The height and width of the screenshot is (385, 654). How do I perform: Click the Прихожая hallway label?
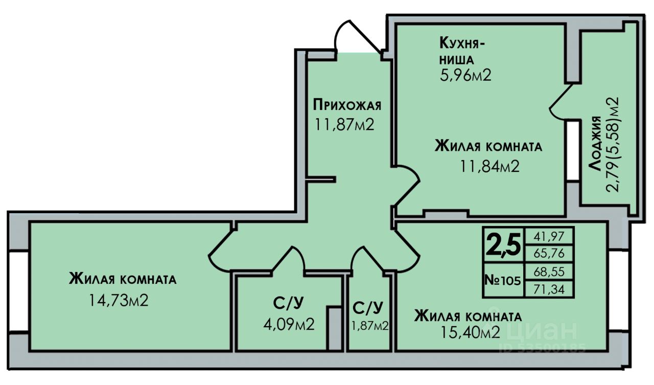tap(347, 105)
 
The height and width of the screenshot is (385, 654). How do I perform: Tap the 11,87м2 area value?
tap(345, 124)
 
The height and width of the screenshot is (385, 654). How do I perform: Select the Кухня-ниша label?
tap(462, 50)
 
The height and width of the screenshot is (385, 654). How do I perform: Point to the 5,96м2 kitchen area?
tap(465, 76)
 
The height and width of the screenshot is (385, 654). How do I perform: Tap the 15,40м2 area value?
tap(470, 333)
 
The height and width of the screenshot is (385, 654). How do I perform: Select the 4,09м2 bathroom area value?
tap(289, 324)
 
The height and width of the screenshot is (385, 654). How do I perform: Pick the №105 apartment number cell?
tap(503, 280)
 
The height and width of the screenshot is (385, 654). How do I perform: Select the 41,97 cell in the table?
tap(549, 236)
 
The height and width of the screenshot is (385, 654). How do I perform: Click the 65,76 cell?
tap(549, 253)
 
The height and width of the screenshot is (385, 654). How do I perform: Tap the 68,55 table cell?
tap(549, 271)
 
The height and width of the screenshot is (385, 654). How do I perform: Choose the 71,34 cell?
tap(549, 289)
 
